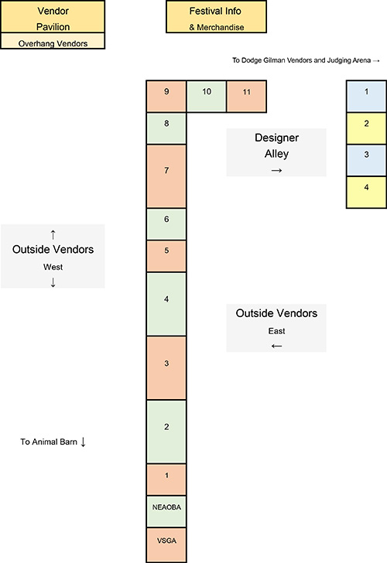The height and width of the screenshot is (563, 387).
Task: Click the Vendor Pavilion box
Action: (53, 16)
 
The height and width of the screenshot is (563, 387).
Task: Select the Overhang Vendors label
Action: (53, 43)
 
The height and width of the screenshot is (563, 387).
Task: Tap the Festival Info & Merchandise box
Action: (216, 16)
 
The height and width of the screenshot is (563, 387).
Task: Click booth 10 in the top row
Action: (206, 96)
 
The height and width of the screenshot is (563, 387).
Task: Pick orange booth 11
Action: (246, 96)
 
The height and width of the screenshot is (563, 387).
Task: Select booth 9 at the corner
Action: (166, 96)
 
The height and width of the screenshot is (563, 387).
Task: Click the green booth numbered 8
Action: (166, 128)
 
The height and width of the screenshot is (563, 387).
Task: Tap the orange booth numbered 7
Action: (166, 176)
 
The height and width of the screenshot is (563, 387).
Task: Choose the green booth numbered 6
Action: (166, 224)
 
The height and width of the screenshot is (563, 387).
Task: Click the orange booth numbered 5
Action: (166, 256)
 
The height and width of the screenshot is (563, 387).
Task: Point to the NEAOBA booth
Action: (166, 511)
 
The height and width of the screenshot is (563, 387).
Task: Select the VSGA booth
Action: (166, 544)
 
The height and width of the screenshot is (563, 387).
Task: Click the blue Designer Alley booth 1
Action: (367, 96)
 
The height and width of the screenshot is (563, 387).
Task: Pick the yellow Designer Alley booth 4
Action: (367, 192)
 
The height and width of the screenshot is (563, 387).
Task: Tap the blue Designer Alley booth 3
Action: (367, 160)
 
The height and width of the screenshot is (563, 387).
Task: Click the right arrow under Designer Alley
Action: (276, 171)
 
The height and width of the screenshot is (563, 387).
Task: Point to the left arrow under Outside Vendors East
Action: (276, 346)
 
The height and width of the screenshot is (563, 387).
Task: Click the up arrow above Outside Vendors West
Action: (53, 234)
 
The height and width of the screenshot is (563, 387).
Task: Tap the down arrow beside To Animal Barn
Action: (83, 442)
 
